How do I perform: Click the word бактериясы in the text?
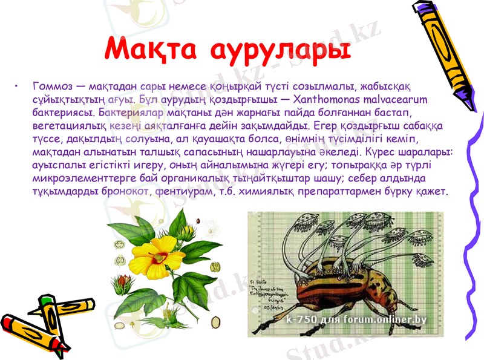click(64, 113)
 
